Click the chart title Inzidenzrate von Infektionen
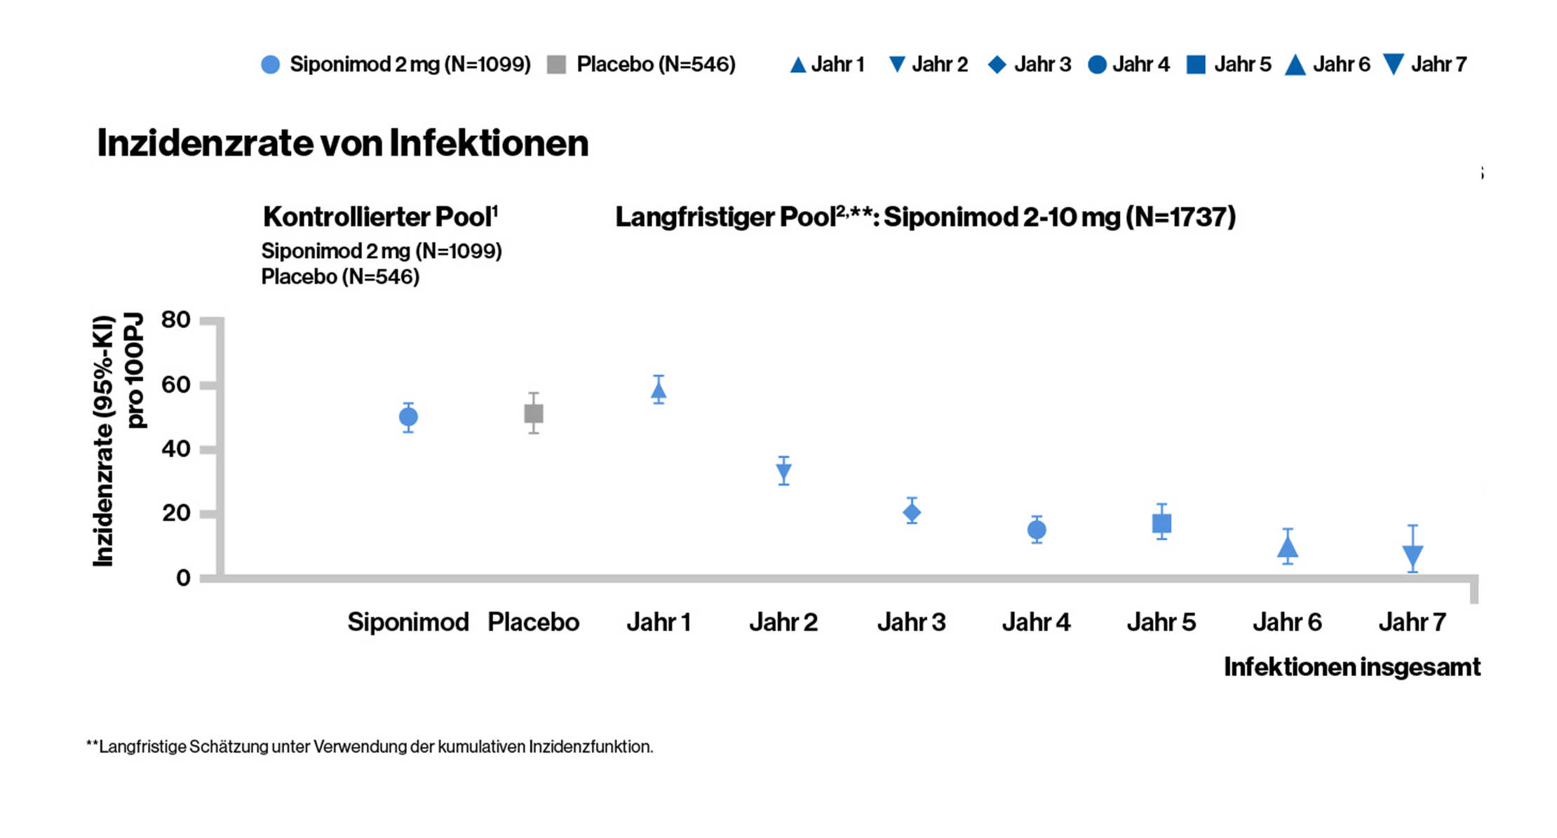click(342, 143)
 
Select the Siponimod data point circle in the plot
click(408, 417)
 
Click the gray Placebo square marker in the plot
click(534, 414)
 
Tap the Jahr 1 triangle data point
click(659, 391)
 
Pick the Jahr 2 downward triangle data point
click(784, 472)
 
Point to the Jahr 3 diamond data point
click(912, 513)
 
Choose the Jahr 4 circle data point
click(1037, 530)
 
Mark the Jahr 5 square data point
click(1161, 523)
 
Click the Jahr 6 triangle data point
click(1288, 548)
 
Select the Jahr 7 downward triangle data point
click(1413, 556)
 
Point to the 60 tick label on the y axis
click(175, 384)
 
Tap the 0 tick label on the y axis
click(183, 578)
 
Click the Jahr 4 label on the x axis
click(1036, 622)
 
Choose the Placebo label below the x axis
click(533, 622)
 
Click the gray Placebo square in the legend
click(556, 65)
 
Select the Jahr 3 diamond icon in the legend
click(997, 65)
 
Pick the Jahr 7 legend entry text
click(1438, 65)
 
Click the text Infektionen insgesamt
click(1352, 667)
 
